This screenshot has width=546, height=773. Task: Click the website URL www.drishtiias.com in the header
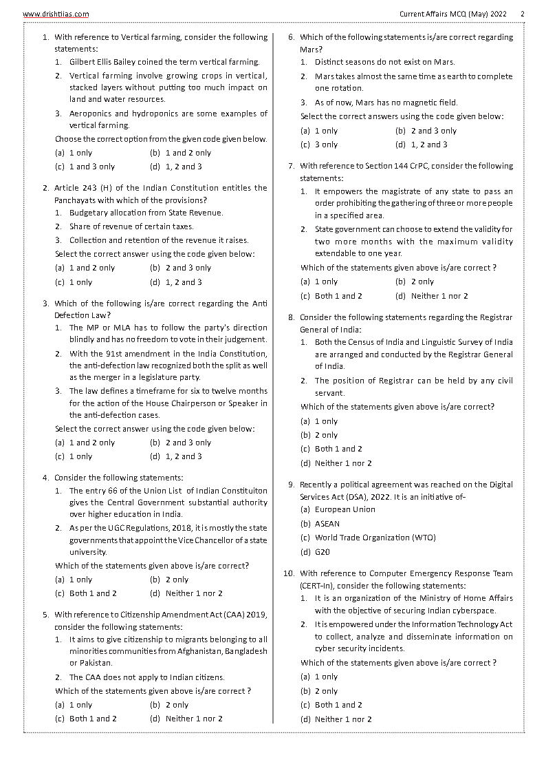click(56, 14)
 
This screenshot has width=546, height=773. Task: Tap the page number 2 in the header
click(522, 14)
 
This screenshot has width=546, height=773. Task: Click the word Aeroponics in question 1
click(91, 114)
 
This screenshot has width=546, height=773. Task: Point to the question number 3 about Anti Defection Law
click(45, 304)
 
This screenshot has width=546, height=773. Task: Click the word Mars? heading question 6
click(310, 50)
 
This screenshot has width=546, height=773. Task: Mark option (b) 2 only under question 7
click(415, 282)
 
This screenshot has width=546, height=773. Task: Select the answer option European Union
click(345, 509)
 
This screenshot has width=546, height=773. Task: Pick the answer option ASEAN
click(327, 524)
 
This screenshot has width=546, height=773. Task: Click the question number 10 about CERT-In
click(289, 573)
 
